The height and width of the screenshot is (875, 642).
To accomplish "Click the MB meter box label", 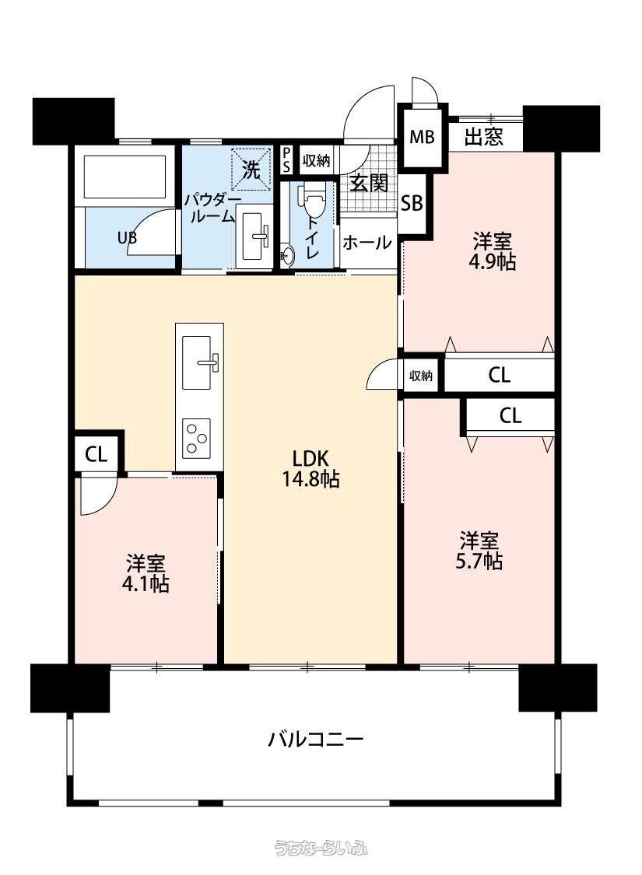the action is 422,137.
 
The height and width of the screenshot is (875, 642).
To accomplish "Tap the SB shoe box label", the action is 412,203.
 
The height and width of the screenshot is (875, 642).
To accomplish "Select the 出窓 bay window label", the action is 484,137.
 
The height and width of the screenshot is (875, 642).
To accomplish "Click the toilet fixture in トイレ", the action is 311,200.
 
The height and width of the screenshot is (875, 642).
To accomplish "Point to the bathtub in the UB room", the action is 125,177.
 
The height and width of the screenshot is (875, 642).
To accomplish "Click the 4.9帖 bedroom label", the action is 492,252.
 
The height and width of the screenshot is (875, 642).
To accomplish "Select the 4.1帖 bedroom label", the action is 146,572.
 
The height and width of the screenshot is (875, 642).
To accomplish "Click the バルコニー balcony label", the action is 315,740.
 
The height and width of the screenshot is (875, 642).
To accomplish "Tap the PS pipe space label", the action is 286,160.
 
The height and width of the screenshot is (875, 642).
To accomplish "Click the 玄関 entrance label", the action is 369,183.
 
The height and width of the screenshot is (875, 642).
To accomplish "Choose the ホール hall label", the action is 367,243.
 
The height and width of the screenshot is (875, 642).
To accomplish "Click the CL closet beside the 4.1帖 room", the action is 96,455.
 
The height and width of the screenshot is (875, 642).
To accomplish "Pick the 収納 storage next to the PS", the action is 316,161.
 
